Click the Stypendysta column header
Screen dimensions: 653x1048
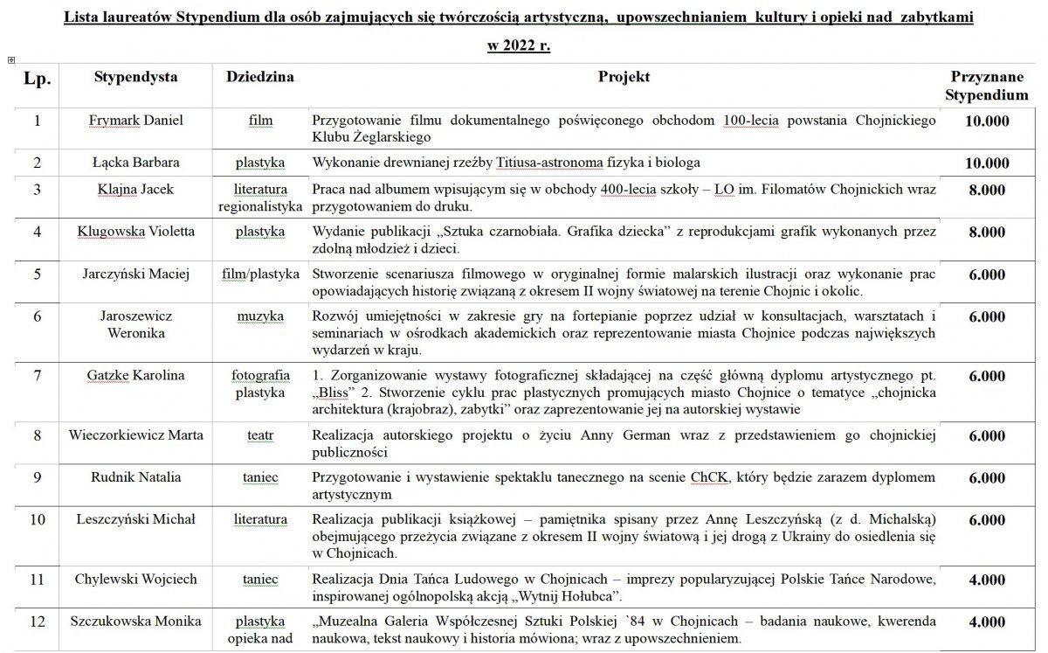(135, 77)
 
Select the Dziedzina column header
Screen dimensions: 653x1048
(259, 77)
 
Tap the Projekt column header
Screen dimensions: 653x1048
(624, 77)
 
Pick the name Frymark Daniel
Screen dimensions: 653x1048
(135, 121)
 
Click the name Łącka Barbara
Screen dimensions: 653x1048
(135, 163)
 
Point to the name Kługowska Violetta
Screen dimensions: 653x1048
(135, 232)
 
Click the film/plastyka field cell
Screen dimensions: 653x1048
(260, 274)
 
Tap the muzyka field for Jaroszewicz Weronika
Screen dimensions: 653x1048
(260, 316)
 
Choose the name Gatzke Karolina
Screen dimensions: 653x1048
(135, 376)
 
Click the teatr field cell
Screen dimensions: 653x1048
(260, 435)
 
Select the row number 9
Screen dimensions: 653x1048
(37, 477)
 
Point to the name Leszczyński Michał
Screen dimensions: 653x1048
(135, 519)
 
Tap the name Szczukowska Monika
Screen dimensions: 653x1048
(135, 622)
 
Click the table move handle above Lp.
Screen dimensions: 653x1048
(10, 59)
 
